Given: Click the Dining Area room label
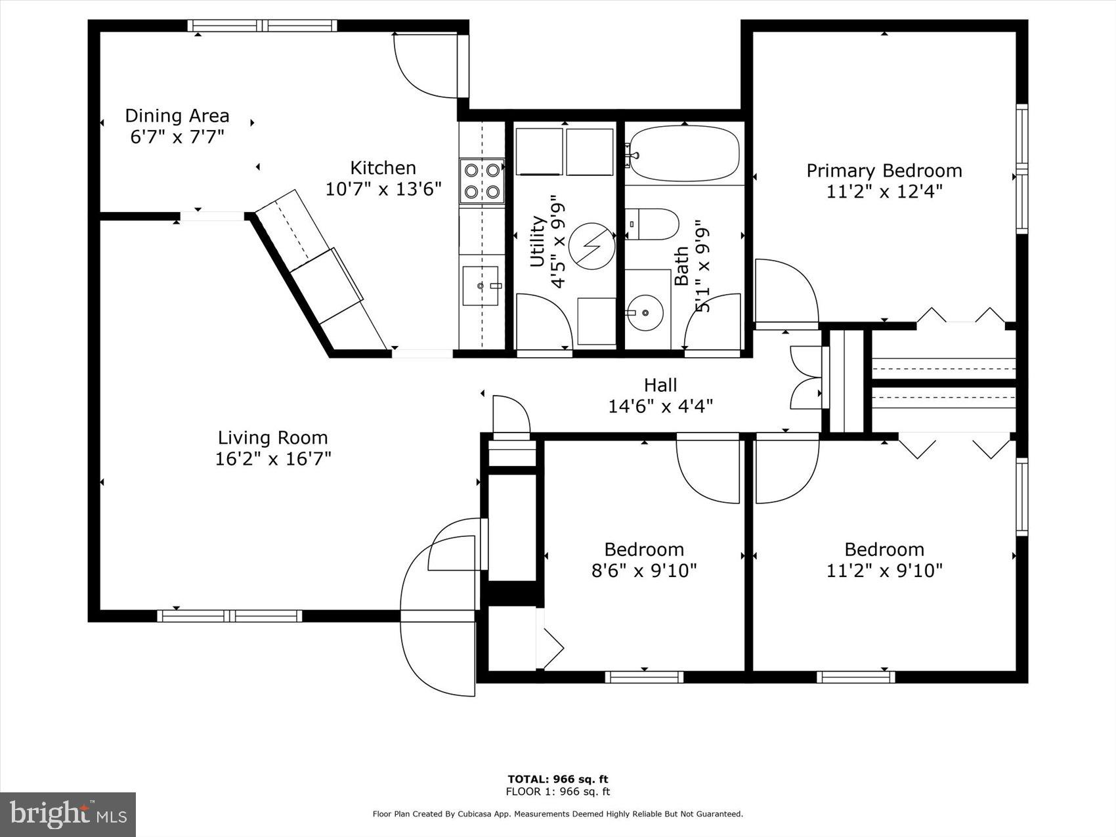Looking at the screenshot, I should [177, 116].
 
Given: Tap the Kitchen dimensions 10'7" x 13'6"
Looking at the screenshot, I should [383, 189].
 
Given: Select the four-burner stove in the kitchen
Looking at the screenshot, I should [481, 181].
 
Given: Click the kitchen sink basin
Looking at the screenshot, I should [481, 286].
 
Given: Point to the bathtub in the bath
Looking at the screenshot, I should [683, 154].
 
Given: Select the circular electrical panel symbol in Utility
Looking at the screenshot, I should [590, 246].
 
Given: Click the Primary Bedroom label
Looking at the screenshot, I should [884, 171].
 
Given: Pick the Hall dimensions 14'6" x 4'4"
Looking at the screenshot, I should [660, 406].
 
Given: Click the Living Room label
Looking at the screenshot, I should [272, 437].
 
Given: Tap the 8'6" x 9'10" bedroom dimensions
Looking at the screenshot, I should [644, 570].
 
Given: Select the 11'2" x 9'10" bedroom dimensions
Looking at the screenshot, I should [884, 570].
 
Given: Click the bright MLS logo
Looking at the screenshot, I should [68, 815].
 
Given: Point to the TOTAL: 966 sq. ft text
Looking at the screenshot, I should [557, 779].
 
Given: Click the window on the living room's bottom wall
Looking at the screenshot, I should [229, 616].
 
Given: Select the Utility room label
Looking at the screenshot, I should [537, 241].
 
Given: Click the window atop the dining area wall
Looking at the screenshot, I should [263, 26].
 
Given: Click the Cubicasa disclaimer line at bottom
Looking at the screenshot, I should [557, 814].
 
